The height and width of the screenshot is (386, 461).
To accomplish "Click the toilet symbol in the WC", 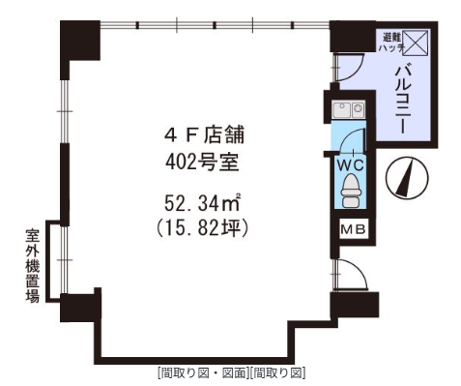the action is pos(350,191).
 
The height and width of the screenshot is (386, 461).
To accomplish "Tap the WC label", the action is pos(350,165).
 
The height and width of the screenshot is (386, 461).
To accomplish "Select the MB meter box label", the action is pos(354,229).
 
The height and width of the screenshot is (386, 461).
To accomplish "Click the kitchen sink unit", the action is pos(349,109).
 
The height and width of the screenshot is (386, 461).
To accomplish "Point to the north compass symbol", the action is pos(408,177).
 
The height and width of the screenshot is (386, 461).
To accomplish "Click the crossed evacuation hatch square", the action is pos(415,43).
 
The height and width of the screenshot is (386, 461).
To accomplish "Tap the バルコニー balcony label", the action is pos(404,99).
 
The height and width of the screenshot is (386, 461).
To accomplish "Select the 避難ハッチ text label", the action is pos(391,43).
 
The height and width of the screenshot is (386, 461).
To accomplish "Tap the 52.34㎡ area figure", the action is pos(203,203).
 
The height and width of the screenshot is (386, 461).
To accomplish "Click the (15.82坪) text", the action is pos(202,227).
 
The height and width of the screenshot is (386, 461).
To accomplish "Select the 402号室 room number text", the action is pos(202,163).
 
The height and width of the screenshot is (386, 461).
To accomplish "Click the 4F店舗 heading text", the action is pos(204,134).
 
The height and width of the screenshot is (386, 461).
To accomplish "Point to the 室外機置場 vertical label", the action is pos(33,266).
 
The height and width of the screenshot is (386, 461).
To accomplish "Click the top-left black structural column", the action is pos(80,41).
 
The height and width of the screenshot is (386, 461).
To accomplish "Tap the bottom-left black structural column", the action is pos(81,307).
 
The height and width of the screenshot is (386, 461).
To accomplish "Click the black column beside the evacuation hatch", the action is pos(354,36).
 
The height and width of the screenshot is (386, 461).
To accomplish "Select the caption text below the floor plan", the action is pos(232,373).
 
